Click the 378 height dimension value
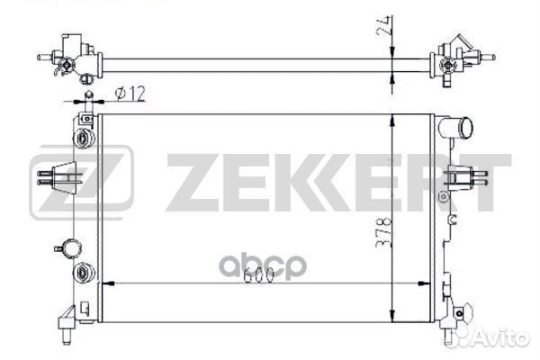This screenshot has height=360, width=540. [x=383, y=234]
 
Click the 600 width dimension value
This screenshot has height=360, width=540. [x=258, y=274]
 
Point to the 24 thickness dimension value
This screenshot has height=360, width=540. [x=384, y=25]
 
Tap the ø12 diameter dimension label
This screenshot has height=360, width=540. [x=130, y=94]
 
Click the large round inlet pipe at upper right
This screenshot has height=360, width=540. [x=456, y=127]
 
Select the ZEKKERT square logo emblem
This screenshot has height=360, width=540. [x=81, y=182]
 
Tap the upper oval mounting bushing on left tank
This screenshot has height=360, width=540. [x=84, y=139]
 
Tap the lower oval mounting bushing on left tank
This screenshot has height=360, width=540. [x=84, y=274]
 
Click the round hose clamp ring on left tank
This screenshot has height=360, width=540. [x=72, y=248]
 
